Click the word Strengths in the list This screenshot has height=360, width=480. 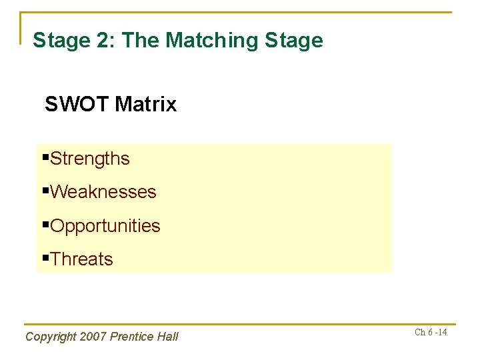pos(90,159)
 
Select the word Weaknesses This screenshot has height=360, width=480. pos(103,193)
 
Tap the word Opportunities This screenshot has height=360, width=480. pos(105,227)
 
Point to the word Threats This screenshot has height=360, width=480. pos(81,259)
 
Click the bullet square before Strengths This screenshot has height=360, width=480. pos(45,158)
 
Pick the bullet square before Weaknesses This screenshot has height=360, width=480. pos(45,191)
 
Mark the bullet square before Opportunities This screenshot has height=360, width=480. pos(45,225)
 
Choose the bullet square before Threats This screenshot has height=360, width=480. pos(45,259)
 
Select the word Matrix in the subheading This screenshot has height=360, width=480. pos(145,105)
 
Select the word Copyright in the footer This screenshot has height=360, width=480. pos(50,337)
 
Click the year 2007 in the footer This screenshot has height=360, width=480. pos(93,337)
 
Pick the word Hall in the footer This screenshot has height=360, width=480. pos(168,337)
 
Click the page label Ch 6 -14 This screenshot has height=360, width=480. pos(431,333)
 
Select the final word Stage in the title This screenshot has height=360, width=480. pos(294,41)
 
